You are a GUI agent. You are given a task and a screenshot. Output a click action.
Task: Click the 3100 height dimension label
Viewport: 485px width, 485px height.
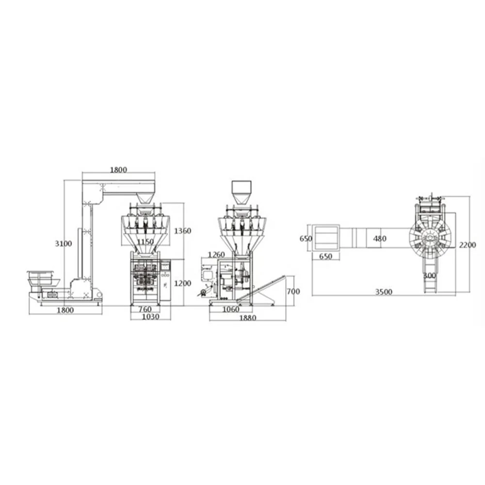coord(64,243)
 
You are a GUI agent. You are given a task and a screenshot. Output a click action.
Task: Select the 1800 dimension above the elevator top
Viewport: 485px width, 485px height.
coord(118,170)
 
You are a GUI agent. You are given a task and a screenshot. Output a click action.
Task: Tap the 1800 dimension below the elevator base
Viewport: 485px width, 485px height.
coord(65,310)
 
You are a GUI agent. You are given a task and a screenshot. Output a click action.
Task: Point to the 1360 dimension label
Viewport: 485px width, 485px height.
coord(182,231)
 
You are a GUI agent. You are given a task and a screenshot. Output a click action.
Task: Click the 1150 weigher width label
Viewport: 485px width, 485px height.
coord(145,242)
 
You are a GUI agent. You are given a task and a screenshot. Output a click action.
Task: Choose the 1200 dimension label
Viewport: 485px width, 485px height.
coord(182,283)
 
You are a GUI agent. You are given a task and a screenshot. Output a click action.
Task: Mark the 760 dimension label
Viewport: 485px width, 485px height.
coord(145,309)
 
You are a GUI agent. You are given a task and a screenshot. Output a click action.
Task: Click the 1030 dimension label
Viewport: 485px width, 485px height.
coord(151,316)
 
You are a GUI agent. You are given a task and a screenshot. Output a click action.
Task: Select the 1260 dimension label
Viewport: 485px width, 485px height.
coord(216,255)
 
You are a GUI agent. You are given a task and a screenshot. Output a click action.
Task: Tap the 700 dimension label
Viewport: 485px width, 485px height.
coord(293,291)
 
